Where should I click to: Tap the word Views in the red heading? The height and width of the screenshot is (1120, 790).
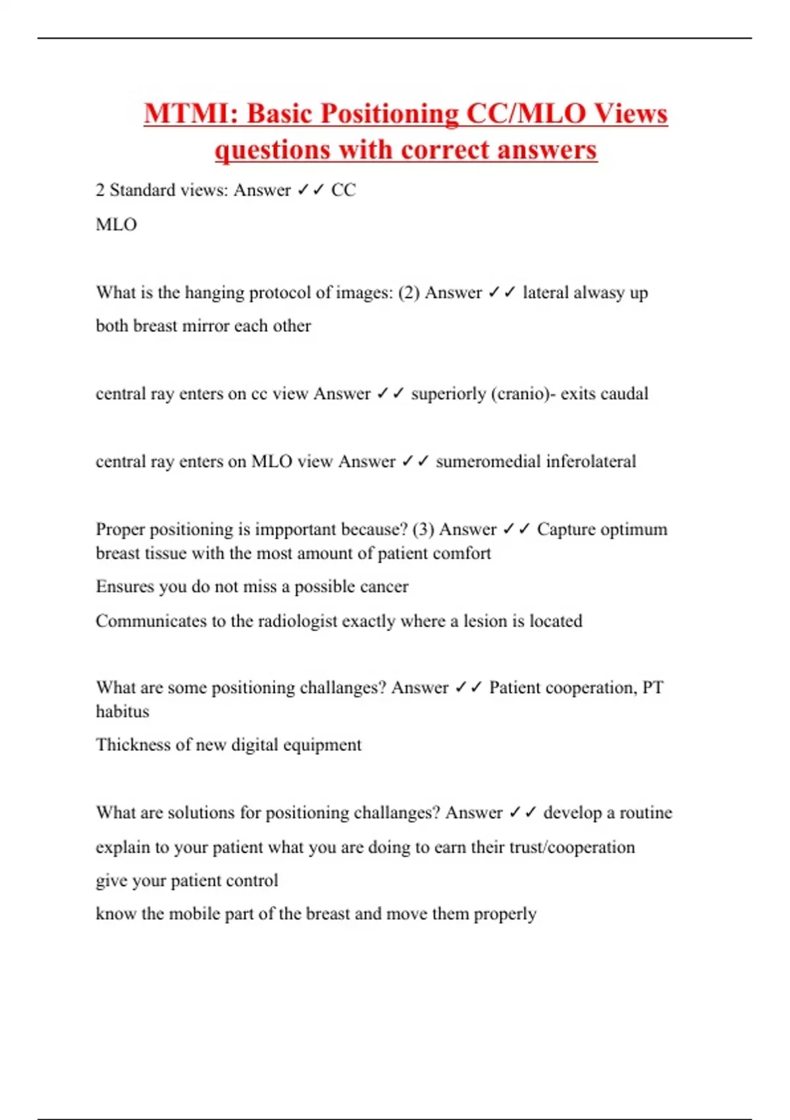tap(631, 113)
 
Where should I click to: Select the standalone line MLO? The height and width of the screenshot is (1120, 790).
tap(117, 225)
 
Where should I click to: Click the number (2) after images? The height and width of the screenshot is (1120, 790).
tap(409, 293)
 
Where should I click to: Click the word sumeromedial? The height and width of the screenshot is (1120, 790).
tap(486, 461)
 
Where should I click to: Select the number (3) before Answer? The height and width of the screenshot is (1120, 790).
tap(423, 530)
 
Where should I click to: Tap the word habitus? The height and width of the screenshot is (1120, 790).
tap(122, 712)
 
